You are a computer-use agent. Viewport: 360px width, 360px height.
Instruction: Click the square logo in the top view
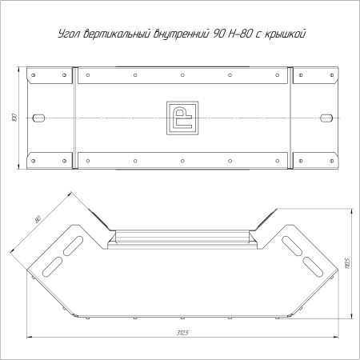182,118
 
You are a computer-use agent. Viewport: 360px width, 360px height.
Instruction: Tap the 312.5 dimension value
182,333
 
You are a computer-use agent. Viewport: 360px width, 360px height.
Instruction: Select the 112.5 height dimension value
347,263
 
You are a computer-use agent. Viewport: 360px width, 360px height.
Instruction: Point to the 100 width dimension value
14,118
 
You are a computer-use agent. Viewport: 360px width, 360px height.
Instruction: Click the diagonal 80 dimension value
38,220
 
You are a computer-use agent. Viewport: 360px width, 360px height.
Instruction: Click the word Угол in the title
69,34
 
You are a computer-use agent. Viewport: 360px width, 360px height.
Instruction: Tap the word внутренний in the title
181,34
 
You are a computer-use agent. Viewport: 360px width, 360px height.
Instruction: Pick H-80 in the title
240,34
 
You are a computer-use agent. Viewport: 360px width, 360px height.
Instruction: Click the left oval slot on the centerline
38,118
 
